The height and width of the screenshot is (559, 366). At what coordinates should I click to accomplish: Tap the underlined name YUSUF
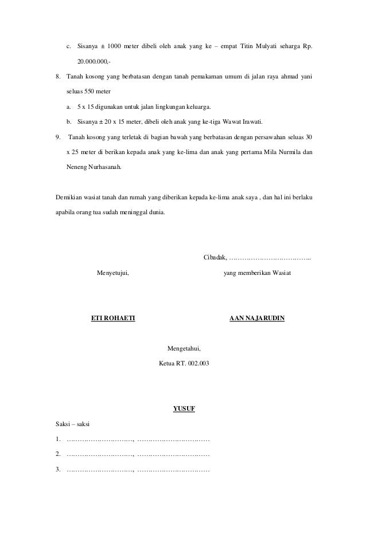(x=184, y=409)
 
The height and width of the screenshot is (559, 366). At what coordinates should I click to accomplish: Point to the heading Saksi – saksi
(x=72, y=425)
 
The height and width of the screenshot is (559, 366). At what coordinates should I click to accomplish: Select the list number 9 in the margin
(x=57, y=137)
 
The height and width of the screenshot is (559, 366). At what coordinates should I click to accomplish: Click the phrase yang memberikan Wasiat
(x=257, y=274)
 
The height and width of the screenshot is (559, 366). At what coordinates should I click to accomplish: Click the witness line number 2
(x=57, y=455)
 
